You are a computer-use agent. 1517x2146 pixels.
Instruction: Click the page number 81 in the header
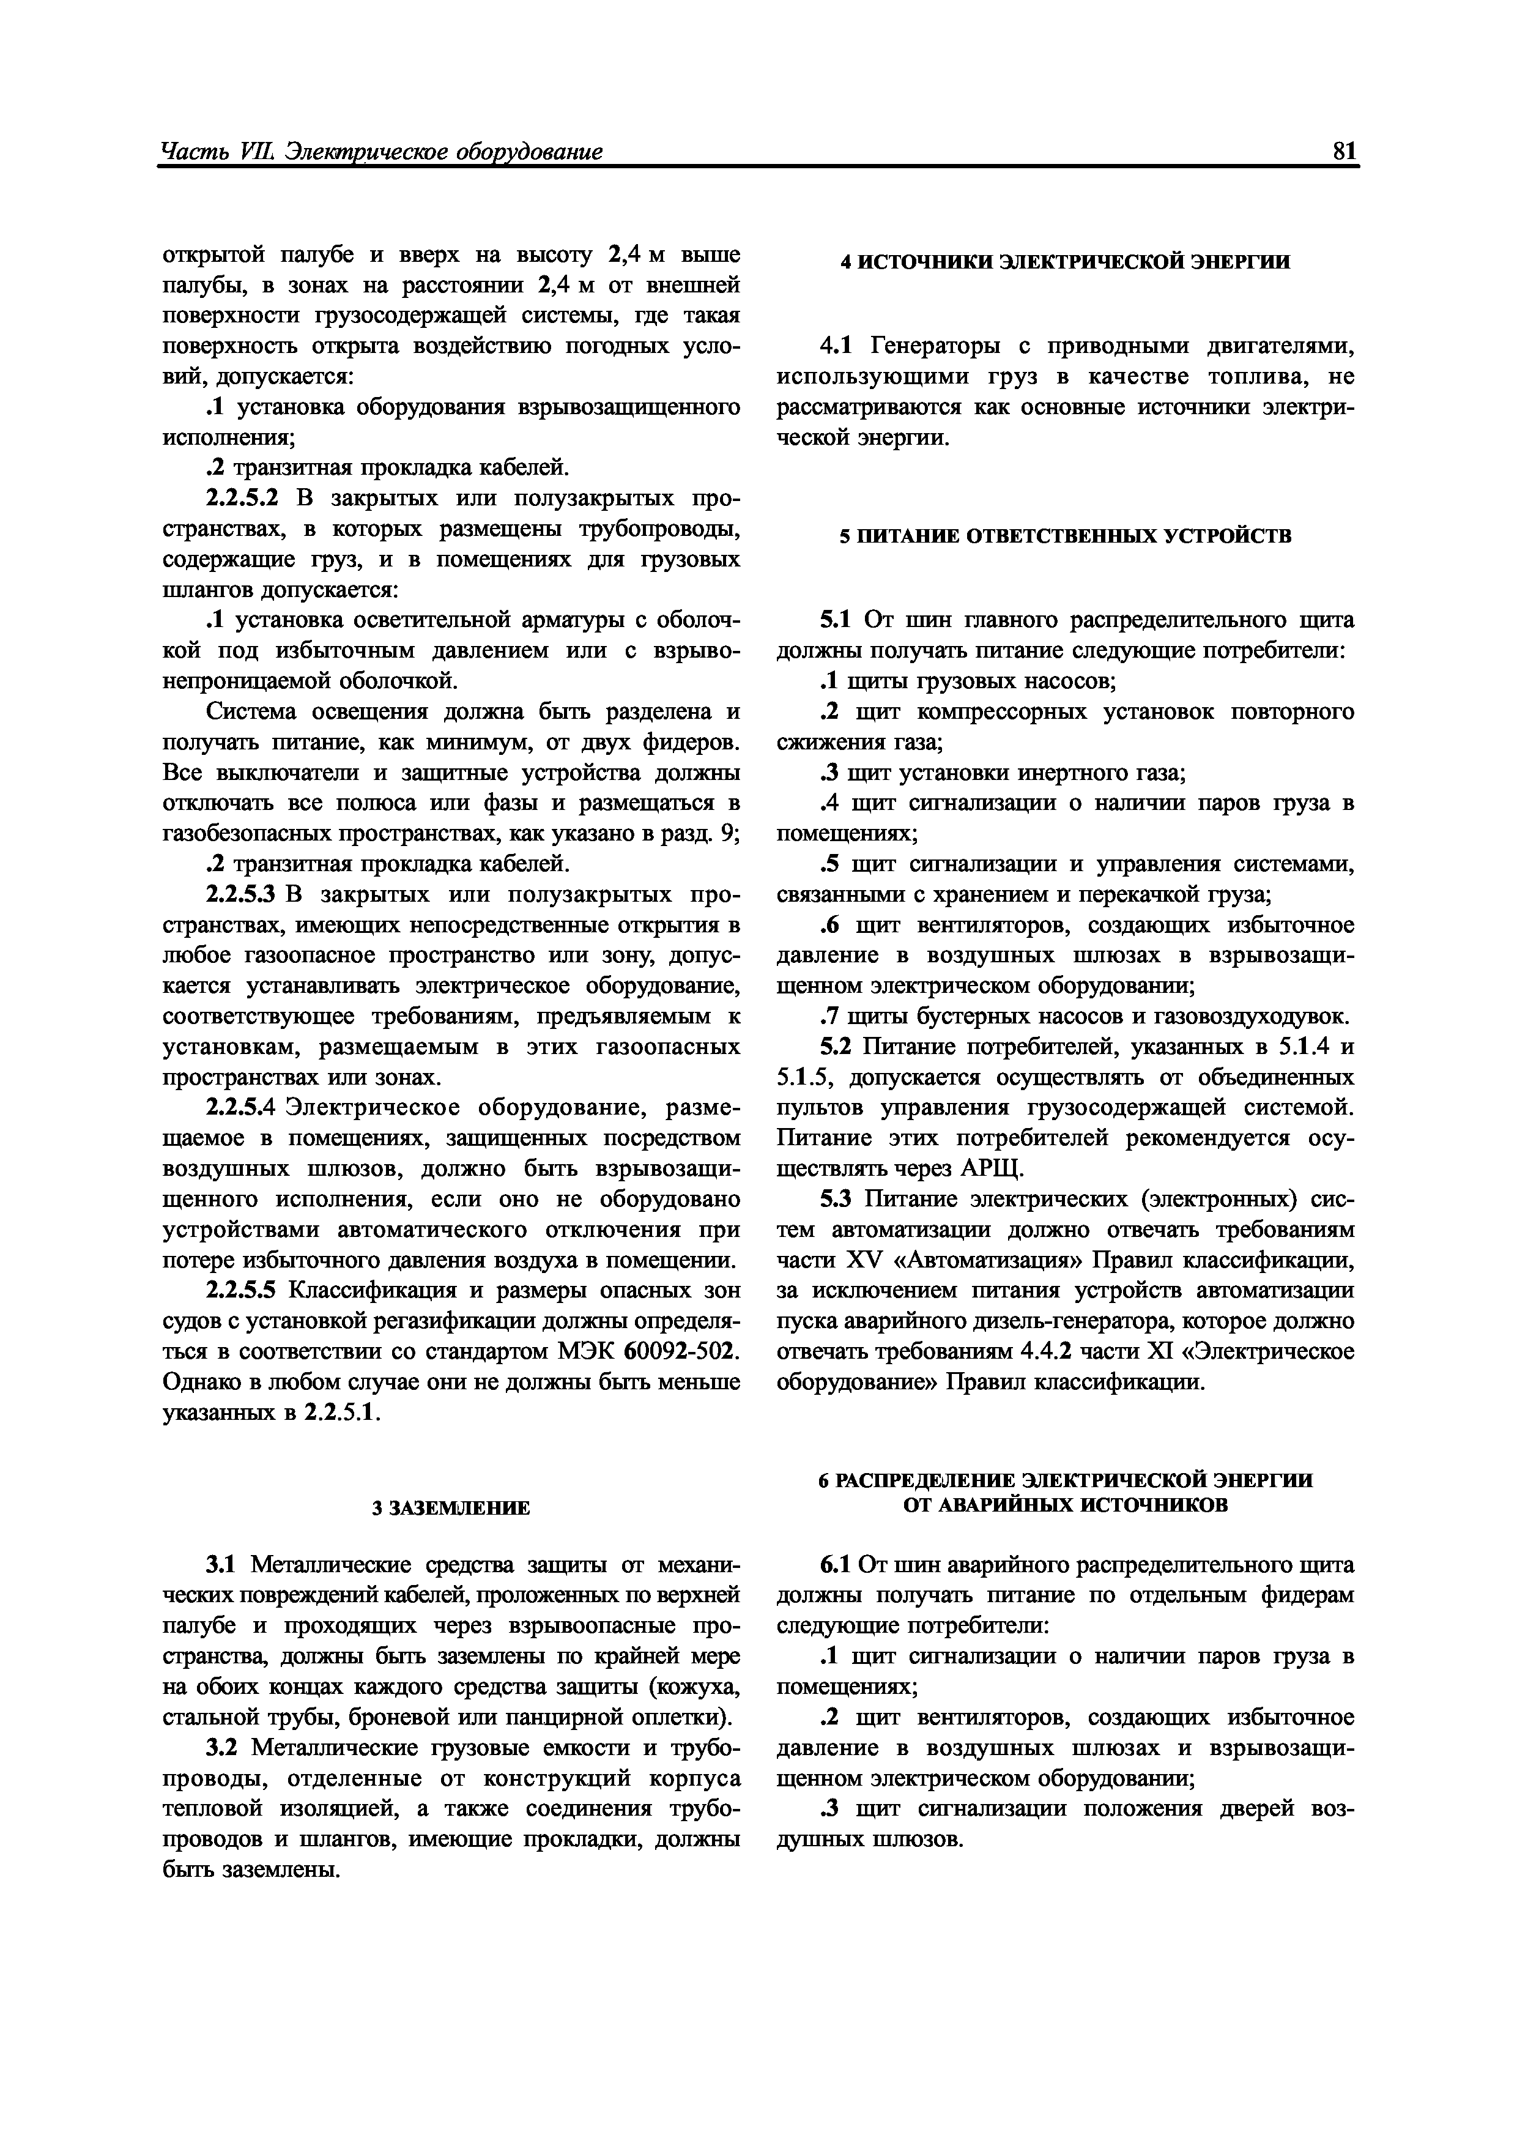pos(1344,152)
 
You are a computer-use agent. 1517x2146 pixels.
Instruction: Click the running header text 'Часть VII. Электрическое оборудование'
pos(381,152)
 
